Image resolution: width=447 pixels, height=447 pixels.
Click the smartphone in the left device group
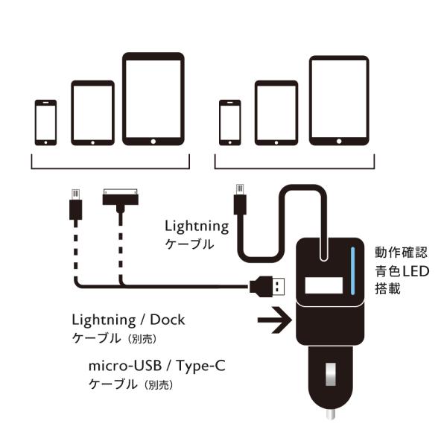(45, 122)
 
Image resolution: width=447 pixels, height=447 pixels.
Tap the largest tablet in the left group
(153, 98)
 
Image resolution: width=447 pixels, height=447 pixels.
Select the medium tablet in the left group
(93, 112)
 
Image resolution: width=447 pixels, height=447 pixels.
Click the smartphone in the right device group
(229, 122)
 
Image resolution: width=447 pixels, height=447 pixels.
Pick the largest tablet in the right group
(339, 100)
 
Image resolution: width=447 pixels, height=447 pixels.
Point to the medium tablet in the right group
(276, 112)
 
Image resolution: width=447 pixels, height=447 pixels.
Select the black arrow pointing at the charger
(273, 322)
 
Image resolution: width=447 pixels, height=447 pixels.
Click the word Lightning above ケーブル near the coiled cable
(197, 224)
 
